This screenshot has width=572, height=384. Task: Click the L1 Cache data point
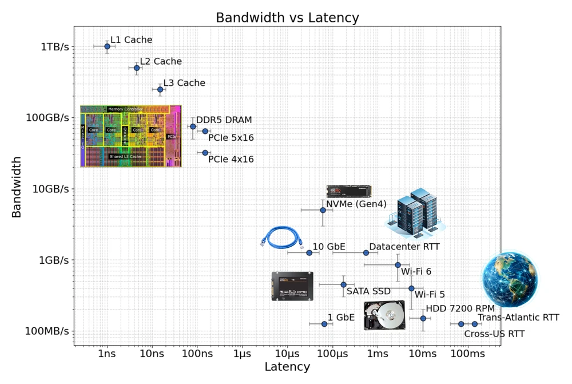(x=107, y=46)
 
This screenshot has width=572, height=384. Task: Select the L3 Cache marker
(x=160, y=89)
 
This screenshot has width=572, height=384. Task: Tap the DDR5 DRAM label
(x=224, y=120)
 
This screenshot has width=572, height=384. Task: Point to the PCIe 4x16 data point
(x=205, y=153)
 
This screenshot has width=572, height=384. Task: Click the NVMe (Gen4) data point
(x=323, y=210)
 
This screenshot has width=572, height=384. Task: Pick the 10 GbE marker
(x=309, y=252)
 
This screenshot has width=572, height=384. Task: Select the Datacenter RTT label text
(x=404, y=247)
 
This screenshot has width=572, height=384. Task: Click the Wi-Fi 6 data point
(x=398, y=265)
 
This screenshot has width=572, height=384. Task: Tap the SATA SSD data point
(x=343, y=284)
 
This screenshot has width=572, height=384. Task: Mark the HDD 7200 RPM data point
(x=423, y=318)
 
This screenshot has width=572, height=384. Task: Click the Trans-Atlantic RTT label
(x=518, y=318)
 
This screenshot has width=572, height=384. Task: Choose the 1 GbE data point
(x=324, y=324)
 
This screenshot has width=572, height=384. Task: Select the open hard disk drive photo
(x=384, y=315)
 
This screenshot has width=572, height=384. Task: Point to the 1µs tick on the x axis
(x=241, y=354)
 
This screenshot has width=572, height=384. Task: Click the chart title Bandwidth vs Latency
(x=287, y=18)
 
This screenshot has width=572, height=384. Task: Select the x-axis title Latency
(x=287, y=367)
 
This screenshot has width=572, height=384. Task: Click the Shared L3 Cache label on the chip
(x=125, y=156)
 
